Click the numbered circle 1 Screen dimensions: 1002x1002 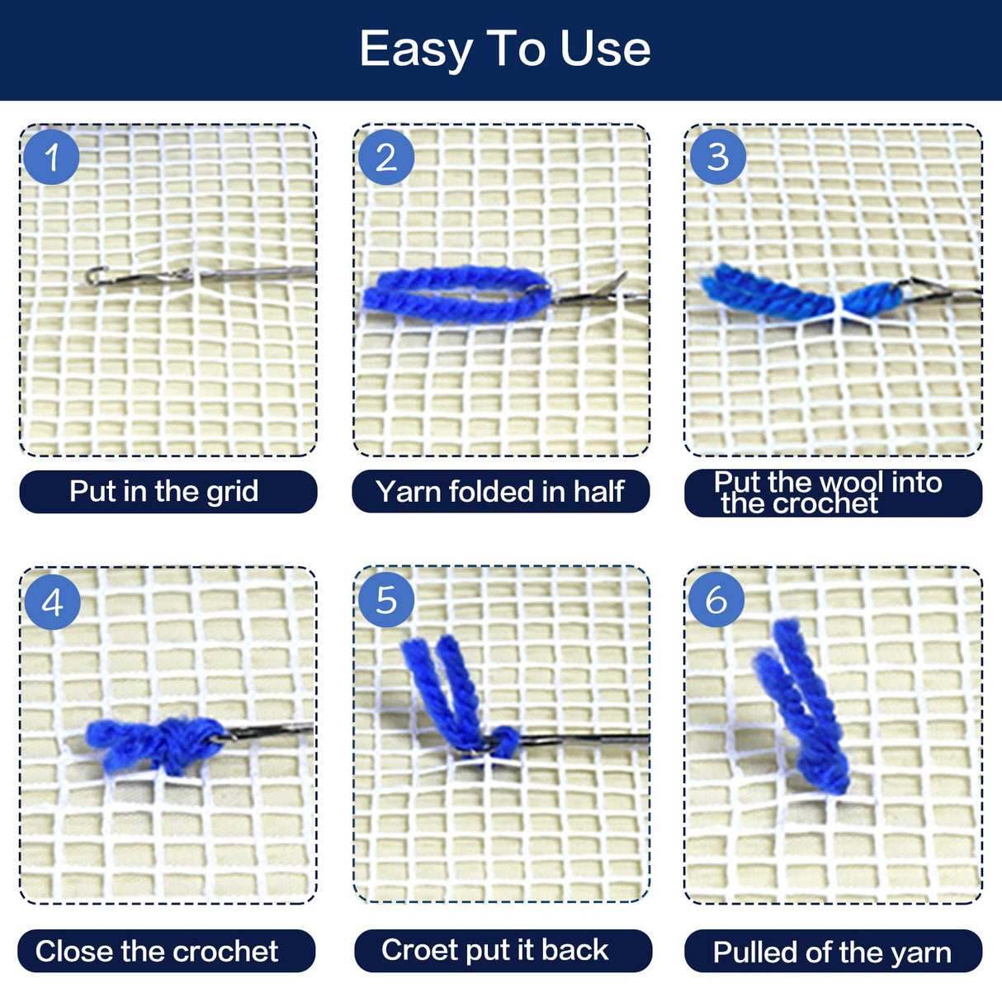(x=51, y=157)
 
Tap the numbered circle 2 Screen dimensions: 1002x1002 (x=385, y=157)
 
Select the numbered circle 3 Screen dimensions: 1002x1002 (x=717, y=157)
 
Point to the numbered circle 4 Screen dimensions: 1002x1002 (x=53, y=603)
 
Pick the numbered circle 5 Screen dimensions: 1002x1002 (x=385, y=599)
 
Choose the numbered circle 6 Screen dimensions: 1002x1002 (x=716, y=599)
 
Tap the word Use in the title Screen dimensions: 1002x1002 (x=605, y=50)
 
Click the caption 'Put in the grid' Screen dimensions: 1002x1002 (x=163, y=492)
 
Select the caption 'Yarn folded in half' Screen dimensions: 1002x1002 (x=499, y=491)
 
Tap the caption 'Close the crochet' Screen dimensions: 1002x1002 (x=157, y=952)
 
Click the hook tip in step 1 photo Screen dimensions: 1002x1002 (x=92, y=275)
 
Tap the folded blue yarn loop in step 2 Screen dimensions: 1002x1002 (x=456, y=295)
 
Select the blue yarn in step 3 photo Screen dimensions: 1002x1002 (x=801, y=293)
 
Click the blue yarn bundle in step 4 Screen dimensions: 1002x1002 (x=155, y=744)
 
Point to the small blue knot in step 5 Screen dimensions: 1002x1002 (x=504, y=741)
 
